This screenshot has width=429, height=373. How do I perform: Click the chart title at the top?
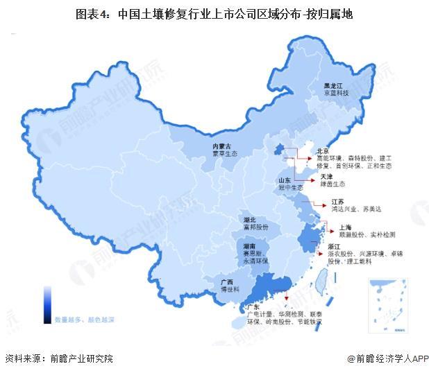click(x=214, y=13)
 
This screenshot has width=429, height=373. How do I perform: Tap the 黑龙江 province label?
click(x=334, y=83)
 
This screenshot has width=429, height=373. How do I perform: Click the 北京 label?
click(x=321, y=150)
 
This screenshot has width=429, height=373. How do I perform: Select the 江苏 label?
click(x=337, y=201)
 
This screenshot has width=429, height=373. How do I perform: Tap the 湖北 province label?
click(x=251, y=220)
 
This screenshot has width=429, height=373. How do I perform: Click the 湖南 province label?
click(x=251, y=245)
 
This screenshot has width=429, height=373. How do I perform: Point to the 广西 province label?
click(x=226, y=282)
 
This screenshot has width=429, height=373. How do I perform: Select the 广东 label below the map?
click(x=247, y=307)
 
